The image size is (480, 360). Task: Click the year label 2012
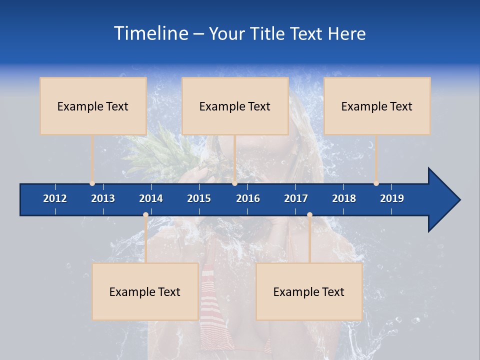[55, 198]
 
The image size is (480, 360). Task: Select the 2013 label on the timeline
[103, 198]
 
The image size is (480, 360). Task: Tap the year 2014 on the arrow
[151, 198]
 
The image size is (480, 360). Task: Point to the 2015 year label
[199, 198]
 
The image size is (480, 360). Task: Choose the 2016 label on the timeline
[248, 198]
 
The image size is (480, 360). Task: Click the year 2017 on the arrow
[296, 198]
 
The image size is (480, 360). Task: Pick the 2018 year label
[344, 198]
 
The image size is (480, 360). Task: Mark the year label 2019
[392, 198]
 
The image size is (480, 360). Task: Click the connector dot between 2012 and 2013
[92, 183]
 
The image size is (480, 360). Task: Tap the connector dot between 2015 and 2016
[234, 183]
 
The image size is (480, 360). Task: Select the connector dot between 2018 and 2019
[376, 183]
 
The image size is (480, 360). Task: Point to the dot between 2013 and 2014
[145, 215]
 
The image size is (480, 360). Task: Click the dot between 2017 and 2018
[309, 215]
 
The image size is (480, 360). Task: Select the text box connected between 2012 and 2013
[93, 106]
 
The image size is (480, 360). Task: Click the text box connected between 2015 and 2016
[235, 106]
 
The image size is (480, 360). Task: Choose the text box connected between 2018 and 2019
[377, 106]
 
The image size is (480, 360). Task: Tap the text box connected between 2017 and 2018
[309, 291]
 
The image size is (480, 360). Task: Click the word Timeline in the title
[150, 33]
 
